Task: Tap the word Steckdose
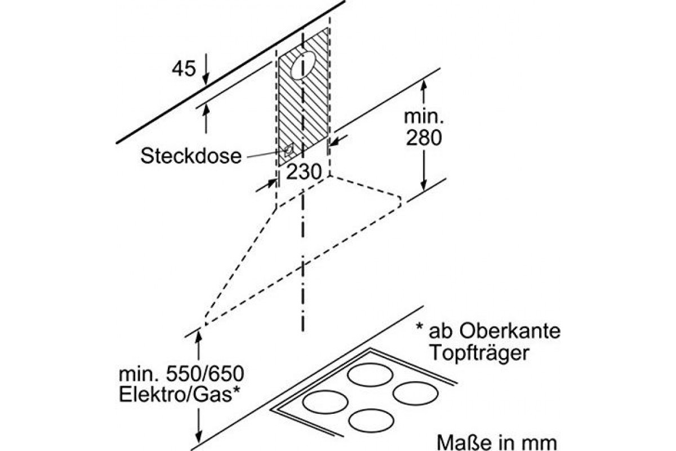pyautogui.click(x=190, y=156)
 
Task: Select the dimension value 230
pyautogui.click(x=304, y=172)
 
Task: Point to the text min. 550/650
pyautogui.click(x=176, y=374)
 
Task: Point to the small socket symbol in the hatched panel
pyautogui.click(x=288, y=150)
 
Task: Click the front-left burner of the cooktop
pyautogui.click(x=322, y=403)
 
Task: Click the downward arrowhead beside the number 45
pyautogui.click(x=205, y=76)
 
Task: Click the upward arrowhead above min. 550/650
pyautogui.click(x=198, y=337)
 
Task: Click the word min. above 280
pyautogui.click(x=424, y=117)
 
